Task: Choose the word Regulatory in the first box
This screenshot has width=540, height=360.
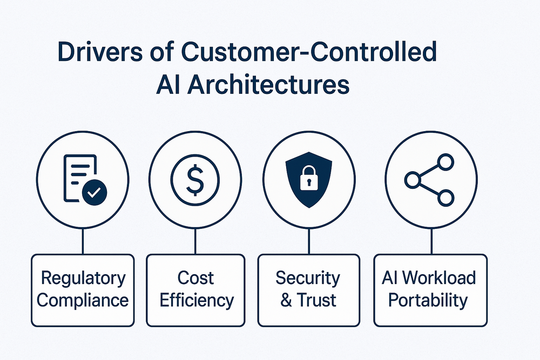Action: pyautogui.click(x=83, y=279)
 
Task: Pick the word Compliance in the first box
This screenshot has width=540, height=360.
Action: pyautogui.click(x=83, y=300)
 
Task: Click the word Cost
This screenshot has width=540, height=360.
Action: pyautogui.click(x=197, y=279)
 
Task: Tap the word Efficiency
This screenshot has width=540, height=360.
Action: pyautogui.click(x=197, y=300)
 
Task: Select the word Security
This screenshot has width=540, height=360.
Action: pyautogui.click(x=308, y=279)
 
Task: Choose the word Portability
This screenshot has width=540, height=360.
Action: pyautogui.click(x=429, y=300)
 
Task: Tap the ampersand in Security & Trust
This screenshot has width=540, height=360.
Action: pyautogui.click(x=286, y=300)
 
